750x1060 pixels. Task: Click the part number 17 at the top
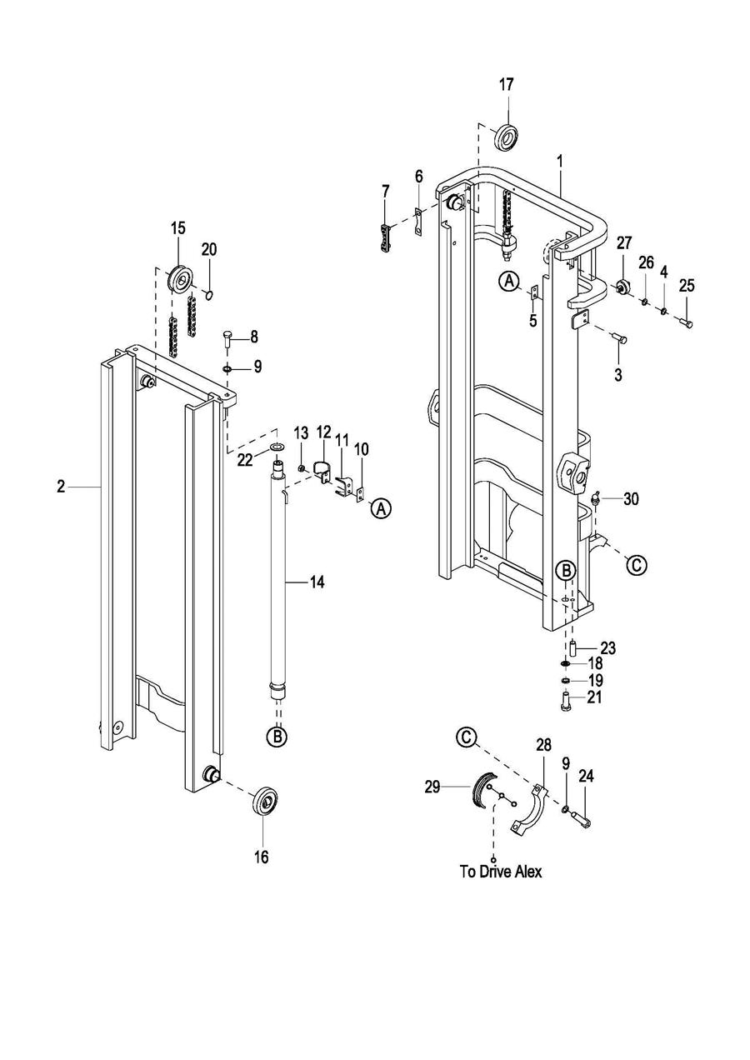coord(507,85)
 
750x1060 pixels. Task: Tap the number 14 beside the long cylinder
coord(317,582)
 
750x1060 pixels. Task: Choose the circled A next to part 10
coord(382,508)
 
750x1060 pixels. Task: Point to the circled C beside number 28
coord(467,737)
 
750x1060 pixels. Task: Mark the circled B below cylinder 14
coord(277,737)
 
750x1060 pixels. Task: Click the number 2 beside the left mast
coord(61,487)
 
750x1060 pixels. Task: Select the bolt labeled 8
coord(227,339)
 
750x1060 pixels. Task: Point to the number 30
coord(631,498)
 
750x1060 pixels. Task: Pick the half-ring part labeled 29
coord(484,789)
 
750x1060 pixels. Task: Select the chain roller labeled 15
coord(180,280)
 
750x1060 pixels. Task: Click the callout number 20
coord(209,249)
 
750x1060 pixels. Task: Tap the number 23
coord(608,647)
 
